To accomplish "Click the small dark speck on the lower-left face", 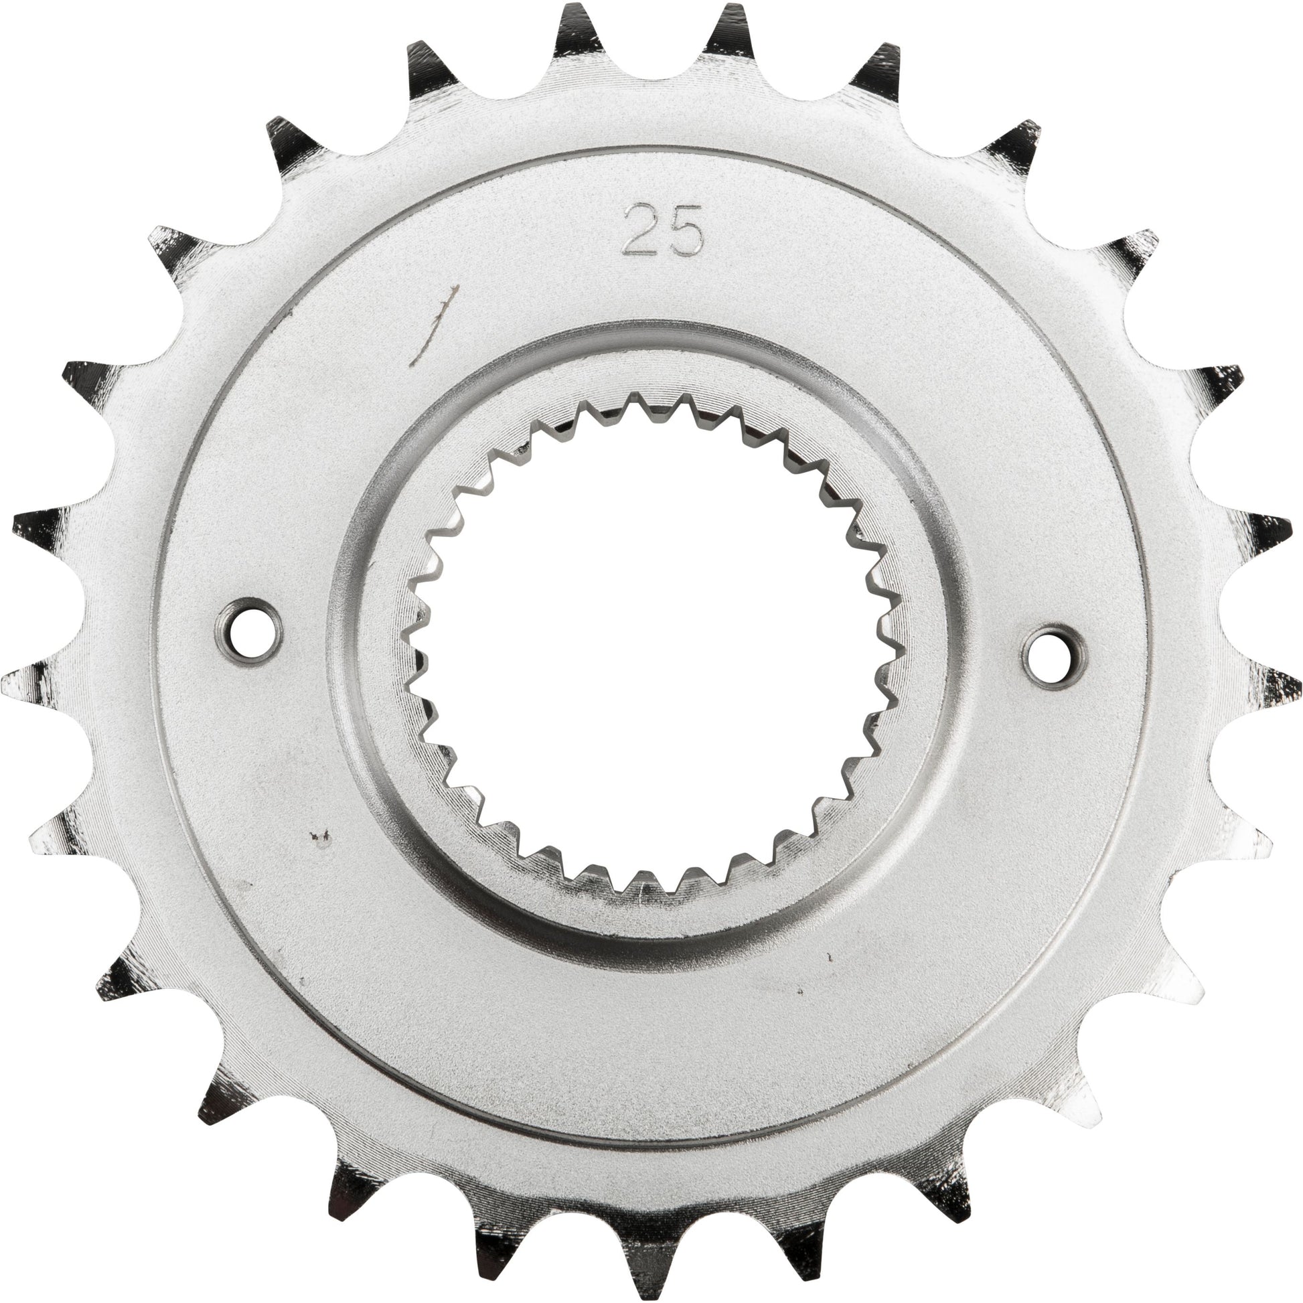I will pyautogui.click(x=320, y=838).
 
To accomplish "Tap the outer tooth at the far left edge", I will pyautogui.click(x=27, y=681).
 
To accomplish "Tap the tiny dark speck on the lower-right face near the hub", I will pyautogui.click(x=829, y=955).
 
